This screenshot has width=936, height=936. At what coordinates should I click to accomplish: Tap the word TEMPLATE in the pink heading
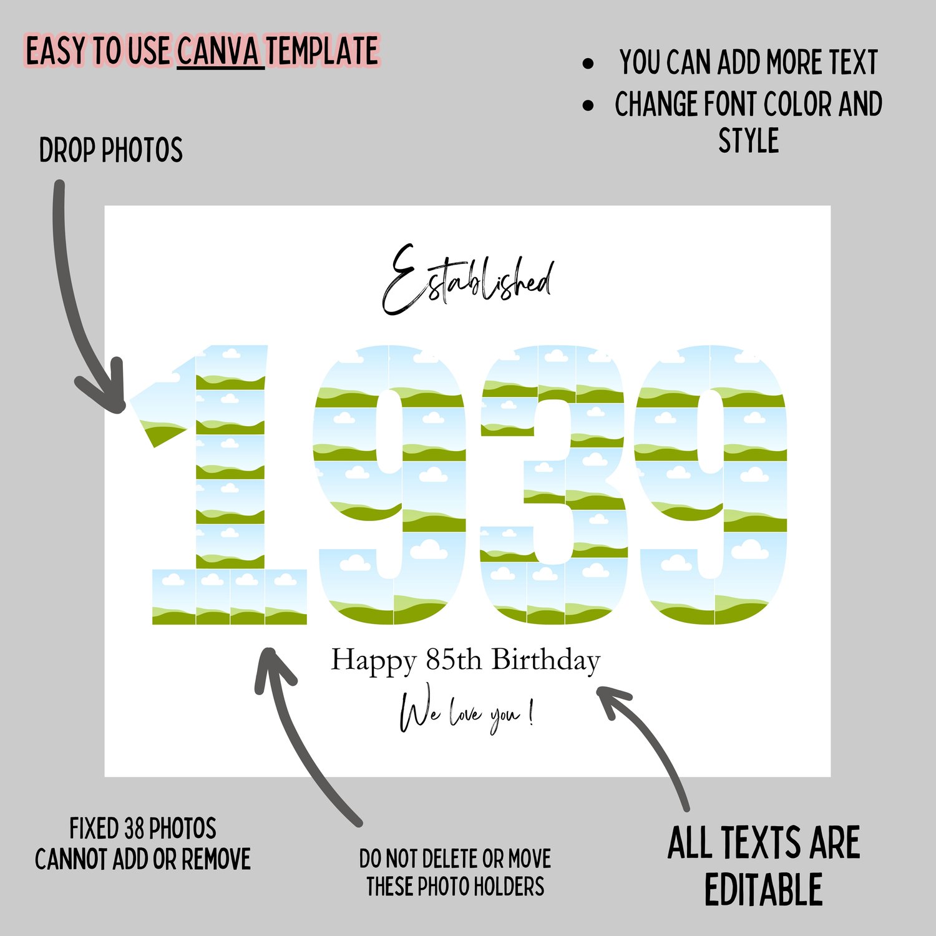click(323, 51)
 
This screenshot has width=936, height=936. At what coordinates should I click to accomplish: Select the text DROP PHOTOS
click(111, 150)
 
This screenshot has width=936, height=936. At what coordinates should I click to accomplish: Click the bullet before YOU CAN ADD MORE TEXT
click(588, 64)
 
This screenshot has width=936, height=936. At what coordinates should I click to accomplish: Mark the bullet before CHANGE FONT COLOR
click(588, 105)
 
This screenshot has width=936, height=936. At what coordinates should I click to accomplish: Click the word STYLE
click(749, 140)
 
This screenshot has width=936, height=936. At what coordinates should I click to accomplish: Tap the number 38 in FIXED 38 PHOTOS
click(134, 829)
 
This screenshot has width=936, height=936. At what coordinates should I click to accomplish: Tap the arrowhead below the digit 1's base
click(273, 668)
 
